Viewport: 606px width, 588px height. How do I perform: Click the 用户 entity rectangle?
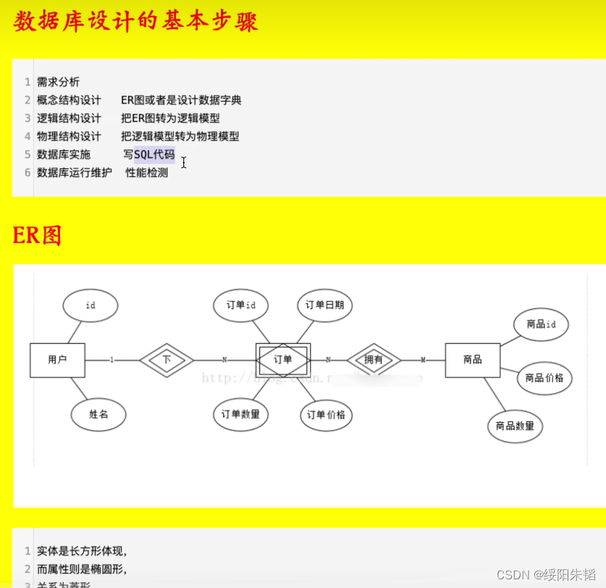[57, 360]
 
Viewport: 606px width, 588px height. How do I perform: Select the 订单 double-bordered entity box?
[283, 360]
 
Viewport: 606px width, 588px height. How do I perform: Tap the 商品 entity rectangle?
[473, 360]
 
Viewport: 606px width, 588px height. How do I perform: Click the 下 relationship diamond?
[167, 360]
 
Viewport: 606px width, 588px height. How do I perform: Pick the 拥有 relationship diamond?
[374, 360]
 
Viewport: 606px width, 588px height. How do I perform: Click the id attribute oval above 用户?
[91, 305]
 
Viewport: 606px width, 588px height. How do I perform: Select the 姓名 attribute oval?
[99, 415]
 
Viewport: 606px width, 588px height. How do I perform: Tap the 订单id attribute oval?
[241, 305]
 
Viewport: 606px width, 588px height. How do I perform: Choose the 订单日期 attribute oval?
[325, 305]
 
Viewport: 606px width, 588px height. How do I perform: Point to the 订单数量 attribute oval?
[241, 415]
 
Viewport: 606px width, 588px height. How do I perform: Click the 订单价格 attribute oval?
[326, 415]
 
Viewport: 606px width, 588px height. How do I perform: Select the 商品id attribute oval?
[541, 324]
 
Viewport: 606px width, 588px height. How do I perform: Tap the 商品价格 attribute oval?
[544, 378]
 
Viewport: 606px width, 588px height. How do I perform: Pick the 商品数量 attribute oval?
[515, 426]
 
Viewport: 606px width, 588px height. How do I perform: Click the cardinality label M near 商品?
[423, 360]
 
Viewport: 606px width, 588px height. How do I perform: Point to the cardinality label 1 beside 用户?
[112, 360]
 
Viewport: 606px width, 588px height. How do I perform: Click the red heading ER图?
[37, 236]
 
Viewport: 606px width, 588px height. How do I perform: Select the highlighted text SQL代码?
[154, 154]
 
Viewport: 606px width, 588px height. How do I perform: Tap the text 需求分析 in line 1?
[58, 82]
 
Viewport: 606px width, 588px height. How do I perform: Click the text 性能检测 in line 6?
[146, 173]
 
